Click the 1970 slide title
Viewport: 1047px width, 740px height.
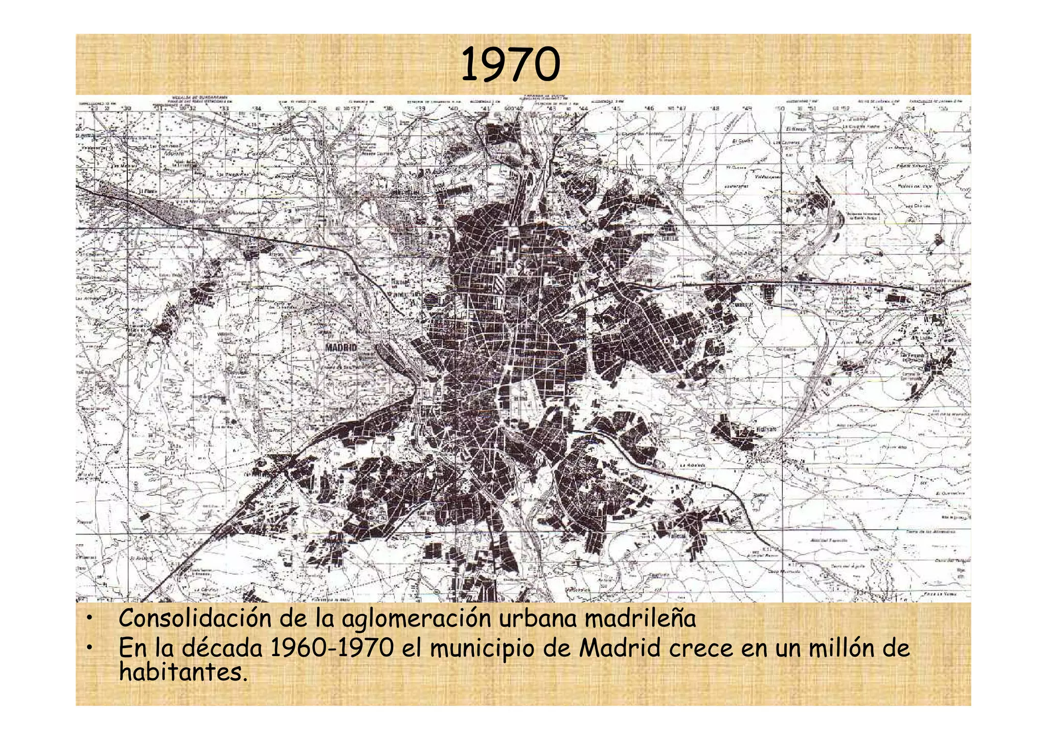(510, 65)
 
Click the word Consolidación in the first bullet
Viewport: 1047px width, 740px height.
(195, 618)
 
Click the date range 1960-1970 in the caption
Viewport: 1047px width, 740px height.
(332, 648)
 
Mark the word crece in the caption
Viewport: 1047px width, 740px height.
(701, 648)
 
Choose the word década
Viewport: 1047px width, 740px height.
(222, 648)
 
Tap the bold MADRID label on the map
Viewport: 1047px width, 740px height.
(341, 348)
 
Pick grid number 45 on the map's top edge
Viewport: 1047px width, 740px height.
(617, 108)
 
